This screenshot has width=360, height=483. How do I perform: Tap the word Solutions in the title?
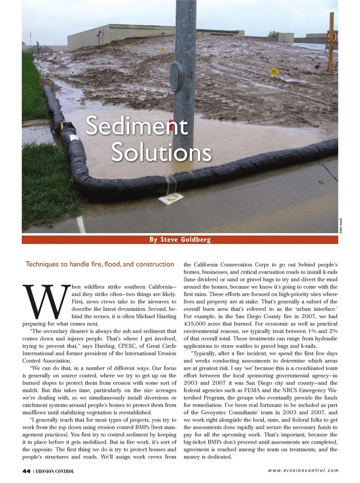tap(161, 152)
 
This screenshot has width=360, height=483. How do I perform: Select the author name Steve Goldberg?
tap(185, 239)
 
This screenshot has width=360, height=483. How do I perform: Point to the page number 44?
tap(26, 471)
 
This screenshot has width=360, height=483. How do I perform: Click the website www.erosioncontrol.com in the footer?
tap(303, 470)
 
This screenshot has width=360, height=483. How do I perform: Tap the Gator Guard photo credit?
tap(341, 226)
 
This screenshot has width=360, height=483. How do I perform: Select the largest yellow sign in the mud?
tap(274, 72)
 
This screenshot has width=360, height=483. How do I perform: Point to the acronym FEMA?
tap(252, 390)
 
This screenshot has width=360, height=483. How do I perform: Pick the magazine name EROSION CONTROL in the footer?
tap(55, 471)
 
